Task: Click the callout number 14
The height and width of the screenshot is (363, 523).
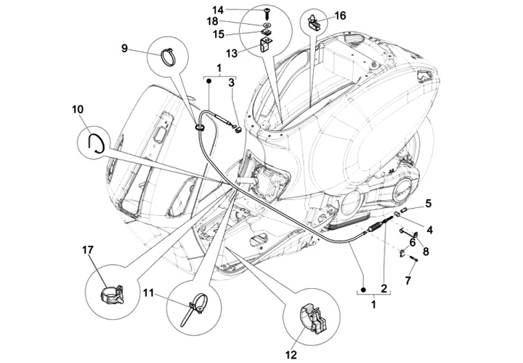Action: tap(238, 9)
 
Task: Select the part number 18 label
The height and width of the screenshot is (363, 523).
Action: tap(238, 21)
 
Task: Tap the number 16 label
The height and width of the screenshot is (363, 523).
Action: tap(341, 15)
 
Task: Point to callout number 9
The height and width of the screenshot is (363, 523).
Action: tap(125, 49)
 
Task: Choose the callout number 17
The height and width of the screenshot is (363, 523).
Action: tap(87, 250)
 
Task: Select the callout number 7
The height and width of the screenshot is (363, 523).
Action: tap(408, 279)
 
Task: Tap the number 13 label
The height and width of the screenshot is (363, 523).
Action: tap(232, 53)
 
